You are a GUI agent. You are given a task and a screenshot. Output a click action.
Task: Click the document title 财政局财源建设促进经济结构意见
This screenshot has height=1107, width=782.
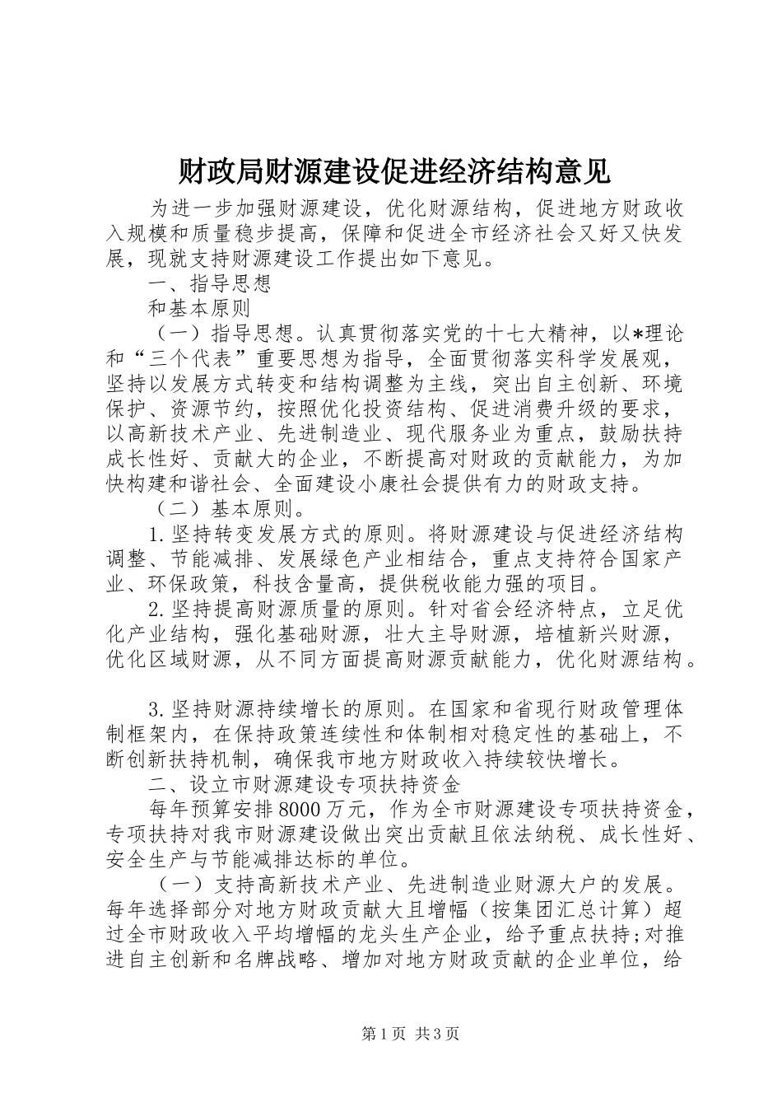[x=393, y=170]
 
